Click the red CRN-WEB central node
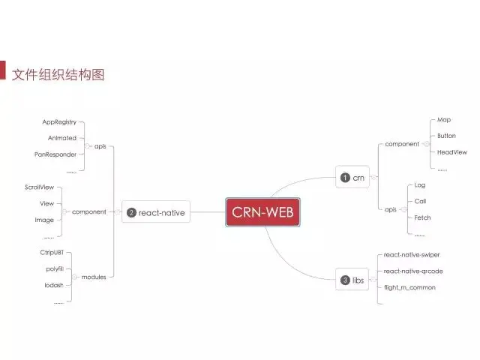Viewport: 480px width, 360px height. pos(263,212)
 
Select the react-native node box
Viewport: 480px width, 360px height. pos(155,213)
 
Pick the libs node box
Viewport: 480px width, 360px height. pos(353,280)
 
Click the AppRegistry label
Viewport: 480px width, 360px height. pos(59,121)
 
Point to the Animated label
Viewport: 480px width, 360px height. pos(61,138)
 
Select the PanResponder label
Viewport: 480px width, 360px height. pos(55,154)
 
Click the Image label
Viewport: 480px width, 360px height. pos(44,220)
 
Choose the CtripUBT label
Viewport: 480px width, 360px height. pos(52,253)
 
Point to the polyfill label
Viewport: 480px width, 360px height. pos(53,268)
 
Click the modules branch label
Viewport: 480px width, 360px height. pos(94,277)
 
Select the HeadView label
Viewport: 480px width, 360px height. pos(452,151)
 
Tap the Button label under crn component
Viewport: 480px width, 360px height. pos(446,136)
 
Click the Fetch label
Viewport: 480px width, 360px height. pos(422,217)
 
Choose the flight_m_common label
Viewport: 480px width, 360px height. pos(409,287)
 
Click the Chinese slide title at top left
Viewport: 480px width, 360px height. pos(58,74)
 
